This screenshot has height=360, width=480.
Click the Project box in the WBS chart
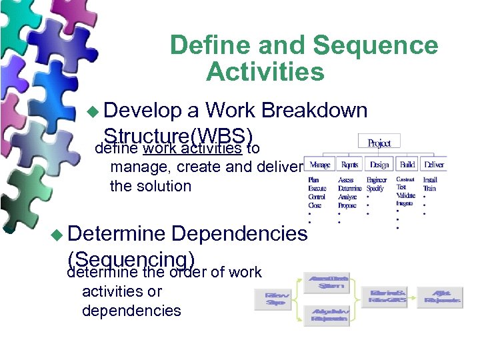click(379, 143)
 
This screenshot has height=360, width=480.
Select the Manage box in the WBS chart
click(319, 164)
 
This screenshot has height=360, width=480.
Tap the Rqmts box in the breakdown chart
click(349, 164)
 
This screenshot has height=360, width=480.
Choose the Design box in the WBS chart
click(379, 164)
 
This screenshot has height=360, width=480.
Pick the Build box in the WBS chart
click(407, 164)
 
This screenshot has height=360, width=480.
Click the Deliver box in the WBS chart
click(435, 164)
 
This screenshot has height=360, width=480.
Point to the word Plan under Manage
click(313, 180)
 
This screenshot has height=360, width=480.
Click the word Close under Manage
click(315, 205)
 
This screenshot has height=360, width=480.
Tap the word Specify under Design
click(375, 189)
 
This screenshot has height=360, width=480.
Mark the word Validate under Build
click(406, 196)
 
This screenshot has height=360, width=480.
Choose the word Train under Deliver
click(429, 189)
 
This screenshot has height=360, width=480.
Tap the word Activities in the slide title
click(265, 71)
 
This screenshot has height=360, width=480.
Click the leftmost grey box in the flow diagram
click(277, 299)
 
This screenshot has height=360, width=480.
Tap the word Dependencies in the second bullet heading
click(240, 233)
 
